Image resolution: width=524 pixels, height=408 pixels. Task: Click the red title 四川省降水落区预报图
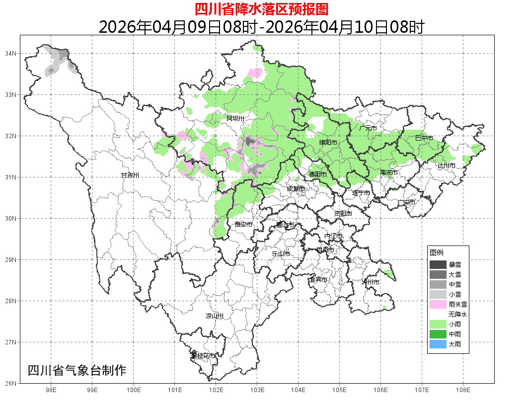point(262,9)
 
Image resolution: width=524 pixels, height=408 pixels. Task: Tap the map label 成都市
point(296,189)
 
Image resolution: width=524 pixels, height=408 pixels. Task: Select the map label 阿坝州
point(235,118)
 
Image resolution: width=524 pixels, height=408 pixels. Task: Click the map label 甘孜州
point(130,175)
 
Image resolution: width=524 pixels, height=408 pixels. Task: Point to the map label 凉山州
point(215,316)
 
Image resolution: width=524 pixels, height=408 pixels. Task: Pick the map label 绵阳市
point(328,143)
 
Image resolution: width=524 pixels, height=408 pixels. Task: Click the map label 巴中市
point(424,138)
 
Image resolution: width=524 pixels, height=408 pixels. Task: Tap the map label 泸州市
point(371,282)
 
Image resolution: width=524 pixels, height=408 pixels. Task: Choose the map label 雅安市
point(243,225)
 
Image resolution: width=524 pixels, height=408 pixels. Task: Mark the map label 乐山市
point(281,254)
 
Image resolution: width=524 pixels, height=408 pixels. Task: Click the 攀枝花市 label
point(204,356)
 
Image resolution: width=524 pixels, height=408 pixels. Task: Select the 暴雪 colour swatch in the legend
point(438,265)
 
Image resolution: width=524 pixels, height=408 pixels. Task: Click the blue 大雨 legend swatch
point(438,344)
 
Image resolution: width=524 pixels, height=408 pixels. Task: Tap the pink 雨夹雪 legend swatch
point(438,304)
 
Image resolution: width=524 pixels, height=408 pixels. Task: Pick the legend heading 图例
point(436,253)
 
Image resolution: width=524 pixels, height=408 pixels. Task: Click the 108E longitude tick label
point(463,390)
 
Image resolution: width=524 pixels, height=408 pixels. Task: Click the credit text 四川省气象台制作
point(77,371)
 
